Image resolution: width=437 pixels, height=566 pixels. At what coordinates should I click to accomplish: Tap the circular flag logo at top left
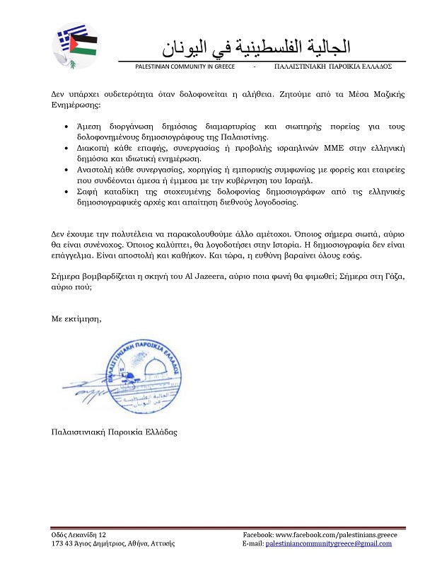tap(76, 45)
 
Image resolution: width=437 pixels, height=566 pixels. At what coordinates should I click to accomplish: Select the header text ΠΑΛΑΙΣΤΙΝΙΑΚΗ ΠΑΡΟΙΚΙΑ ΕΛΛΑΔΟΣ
tap(332, 67)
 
